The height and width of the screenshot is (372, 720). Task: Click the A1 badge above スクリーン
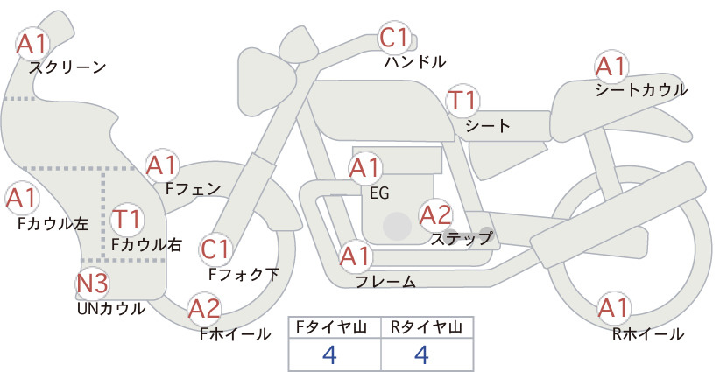(x=32, y=44)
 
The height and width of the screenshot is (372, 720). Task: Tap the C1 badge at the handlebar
(x=394, y=38)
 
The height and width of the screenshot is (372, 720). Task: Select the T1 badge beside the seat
(x=462, y=101)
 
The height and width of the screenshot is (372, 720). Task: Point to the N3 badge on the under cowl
(x=92, y=284)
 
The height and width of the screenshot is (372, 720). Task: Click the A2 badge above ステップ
(x=435, y=215)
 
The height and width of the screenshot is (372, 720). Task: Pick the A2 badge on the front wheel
(x=204, y=308)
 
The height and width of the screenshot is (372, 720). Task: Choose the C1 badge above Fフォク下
(x=215, y=250)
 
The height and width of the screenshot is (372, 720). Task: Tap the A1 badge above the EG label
(x=364, y=168)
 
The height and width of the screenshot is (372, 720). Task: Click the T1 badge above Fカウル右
(x=127, y=219)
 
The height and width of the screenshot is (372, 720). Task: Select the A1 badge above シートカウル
(x=611, y=67)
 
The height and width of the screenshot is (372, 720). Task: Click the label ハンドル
(x=415, y=62)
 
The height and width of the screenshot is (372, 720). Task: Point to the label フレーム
(x=385, y=282)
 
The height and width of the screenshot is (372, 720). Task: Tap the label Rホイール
(x=648, y=334)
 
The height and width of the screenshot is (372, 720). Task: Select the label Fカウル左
(x=53, y=224)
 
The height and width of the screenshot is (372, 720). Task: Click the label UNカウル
(x=111, y=309)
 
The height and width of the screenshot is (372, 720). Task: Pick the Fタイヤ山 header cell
(x=335, y=327)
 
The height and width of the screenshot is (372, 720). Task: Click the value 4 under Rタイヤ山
(x=421, y=354)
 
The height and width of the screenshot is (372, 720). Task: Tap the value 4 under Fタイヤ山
(x=329, y=354)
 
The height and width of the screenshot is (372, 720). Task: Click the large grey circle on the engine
(x=397, y=226)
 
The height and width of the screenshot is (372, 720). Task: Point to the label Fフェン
(x=193, y=188)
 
